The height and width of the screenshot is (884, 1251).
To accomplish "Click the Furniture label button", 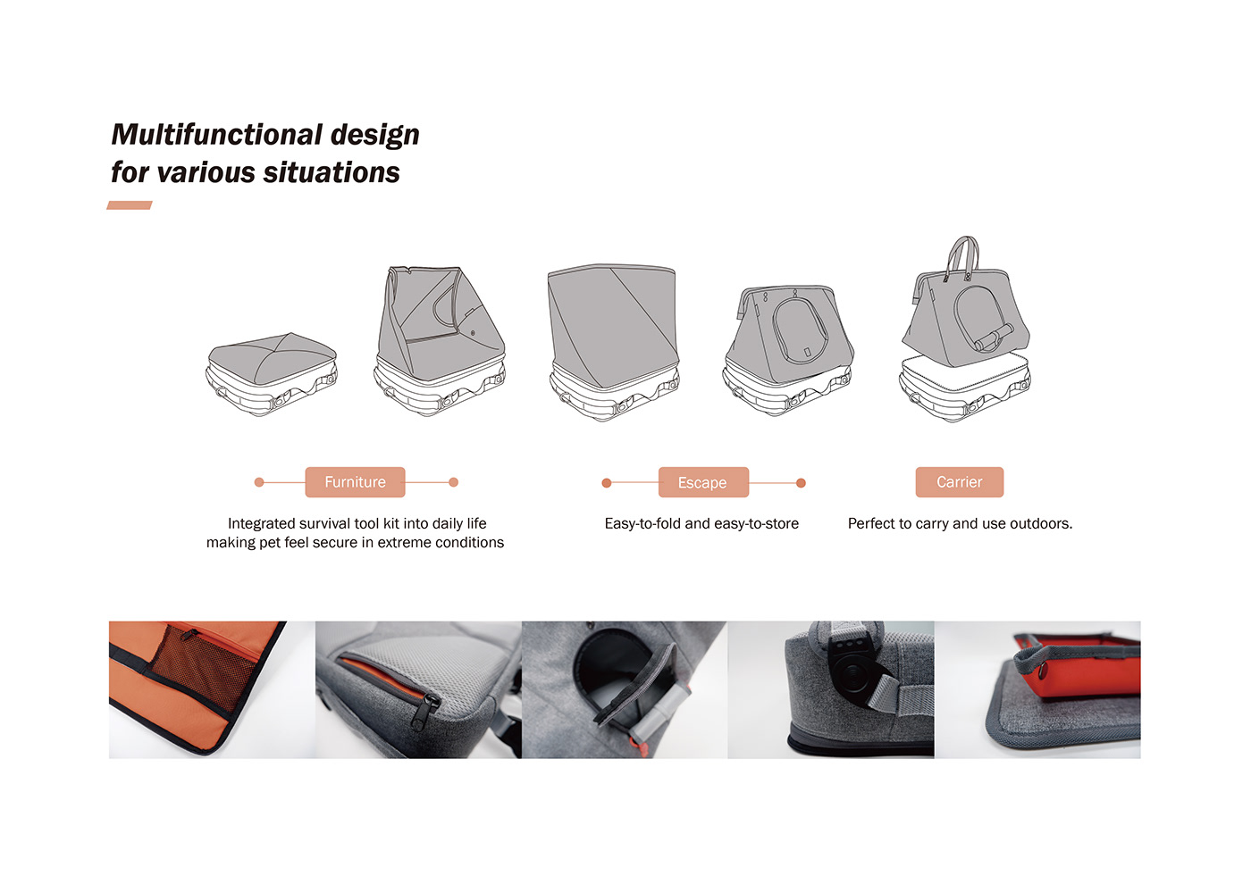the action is coord(356,482).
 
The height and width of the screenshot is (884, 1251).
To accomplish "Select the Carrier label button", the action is coord(960,482).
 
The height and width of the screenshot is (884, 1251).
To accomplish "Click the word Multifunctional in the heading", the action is coord(216,135).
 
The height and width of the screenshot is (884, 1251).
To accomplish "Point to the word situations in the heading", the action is coord(332,171).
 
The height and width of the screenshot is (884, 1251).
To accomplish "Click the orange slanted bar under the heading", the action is coord(130,205).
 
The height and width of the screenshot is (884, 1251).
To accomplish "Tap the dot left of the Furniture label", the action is coord(258,482).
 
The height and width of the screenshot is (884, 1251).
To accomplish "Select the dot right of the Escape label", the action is coord(801,483).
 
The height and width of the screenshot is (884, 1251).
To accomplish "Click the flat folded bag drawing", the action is coord(272,374).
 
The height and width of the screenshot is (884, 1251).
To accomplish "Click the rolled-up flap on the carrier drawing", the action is coord(994,338).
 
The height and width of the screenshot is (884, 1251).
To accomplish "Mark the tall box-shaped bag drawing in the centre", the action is coord(613,340).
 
